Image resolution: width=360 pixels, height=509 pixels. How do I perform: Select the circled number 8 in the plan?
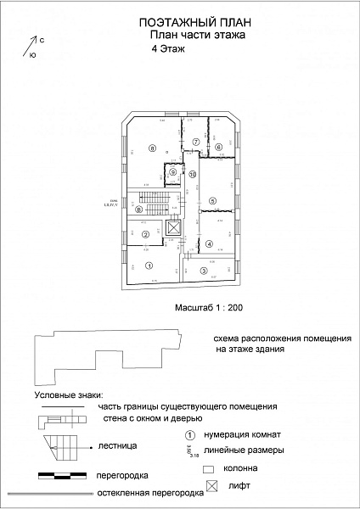153,148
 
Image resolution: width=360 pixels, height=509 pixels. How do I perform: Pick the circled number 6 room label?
218,148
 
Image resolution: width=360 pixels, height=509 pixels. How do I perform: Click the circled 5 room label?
213,200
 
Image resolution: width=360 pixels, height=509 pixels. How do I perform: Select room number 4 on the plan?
210,244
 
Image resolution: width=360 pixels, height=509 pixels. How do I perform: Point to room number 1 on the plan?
149,266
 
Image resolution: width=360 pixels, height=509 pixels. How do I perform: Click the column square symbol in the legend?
206,467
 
